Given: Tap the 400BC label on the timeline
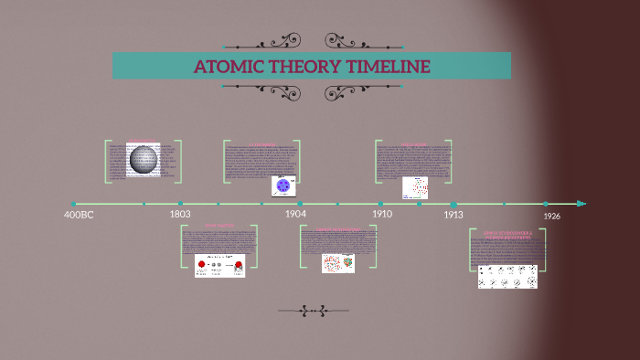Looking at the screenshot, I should tap(79, 215).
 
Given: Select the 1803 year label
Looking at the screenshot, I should tap(180, 214).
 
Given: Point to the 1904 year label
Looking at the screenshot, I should tap(294, 214).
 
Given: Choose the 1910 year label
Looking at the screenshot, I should tap(382, 214).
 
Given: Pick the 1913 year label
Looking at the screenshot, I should tap(453, 215).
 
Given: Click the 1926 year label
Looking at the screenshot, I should tap(551, 216).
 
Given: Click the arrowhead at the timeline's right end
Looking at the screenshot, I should tap(581, 203).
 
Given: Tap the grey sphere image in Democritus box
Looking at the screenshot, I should tap(144, 161).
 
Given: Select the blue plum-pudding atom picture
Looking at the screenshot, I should tap(283, 185).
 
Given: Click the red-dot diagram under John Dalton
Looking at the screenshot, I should tap(219, 266).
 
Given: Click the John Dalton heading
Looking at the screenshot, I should tap(219, 225).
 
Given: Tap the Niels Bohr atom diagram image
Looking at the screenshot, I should tap(416, 187).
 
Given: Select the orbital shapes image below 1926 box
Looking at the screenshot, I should tap(507, 276).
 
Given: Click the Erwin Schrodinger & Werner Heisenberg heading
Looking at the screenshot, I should tap(507, 234).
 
